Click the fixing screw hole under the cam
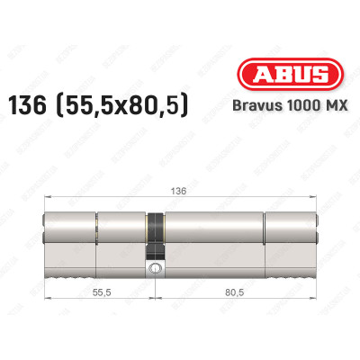click(x=156, y=268)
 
